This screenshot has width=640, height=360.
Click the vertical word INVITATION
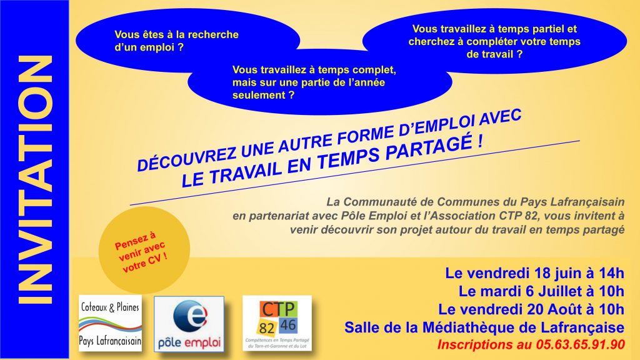pyautogui.click(x=35, y=180)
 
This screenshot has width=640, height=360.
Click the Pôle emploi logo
pyautogui.click(x=189, y=324)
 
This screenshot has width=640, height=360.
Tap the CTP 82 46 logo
pyautogui.click(x=277, y=323)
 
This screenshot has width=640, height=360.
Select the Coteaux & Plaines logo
pyautogui.click(x=110, y=323)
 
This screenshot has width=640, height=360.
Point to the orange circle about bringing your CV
pyautogui.click(x=144, y=250)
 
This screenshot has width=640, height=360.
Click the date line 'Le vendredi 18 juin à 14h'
pyautogui.click(x=535, y=273)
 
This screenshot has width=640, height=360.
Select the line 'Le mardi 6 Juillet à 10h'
pyautogui.click(x=542, y=291)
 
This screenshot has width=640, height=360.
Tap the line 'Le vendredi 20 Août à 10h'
pyautogui.click(x=531, y=309)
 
